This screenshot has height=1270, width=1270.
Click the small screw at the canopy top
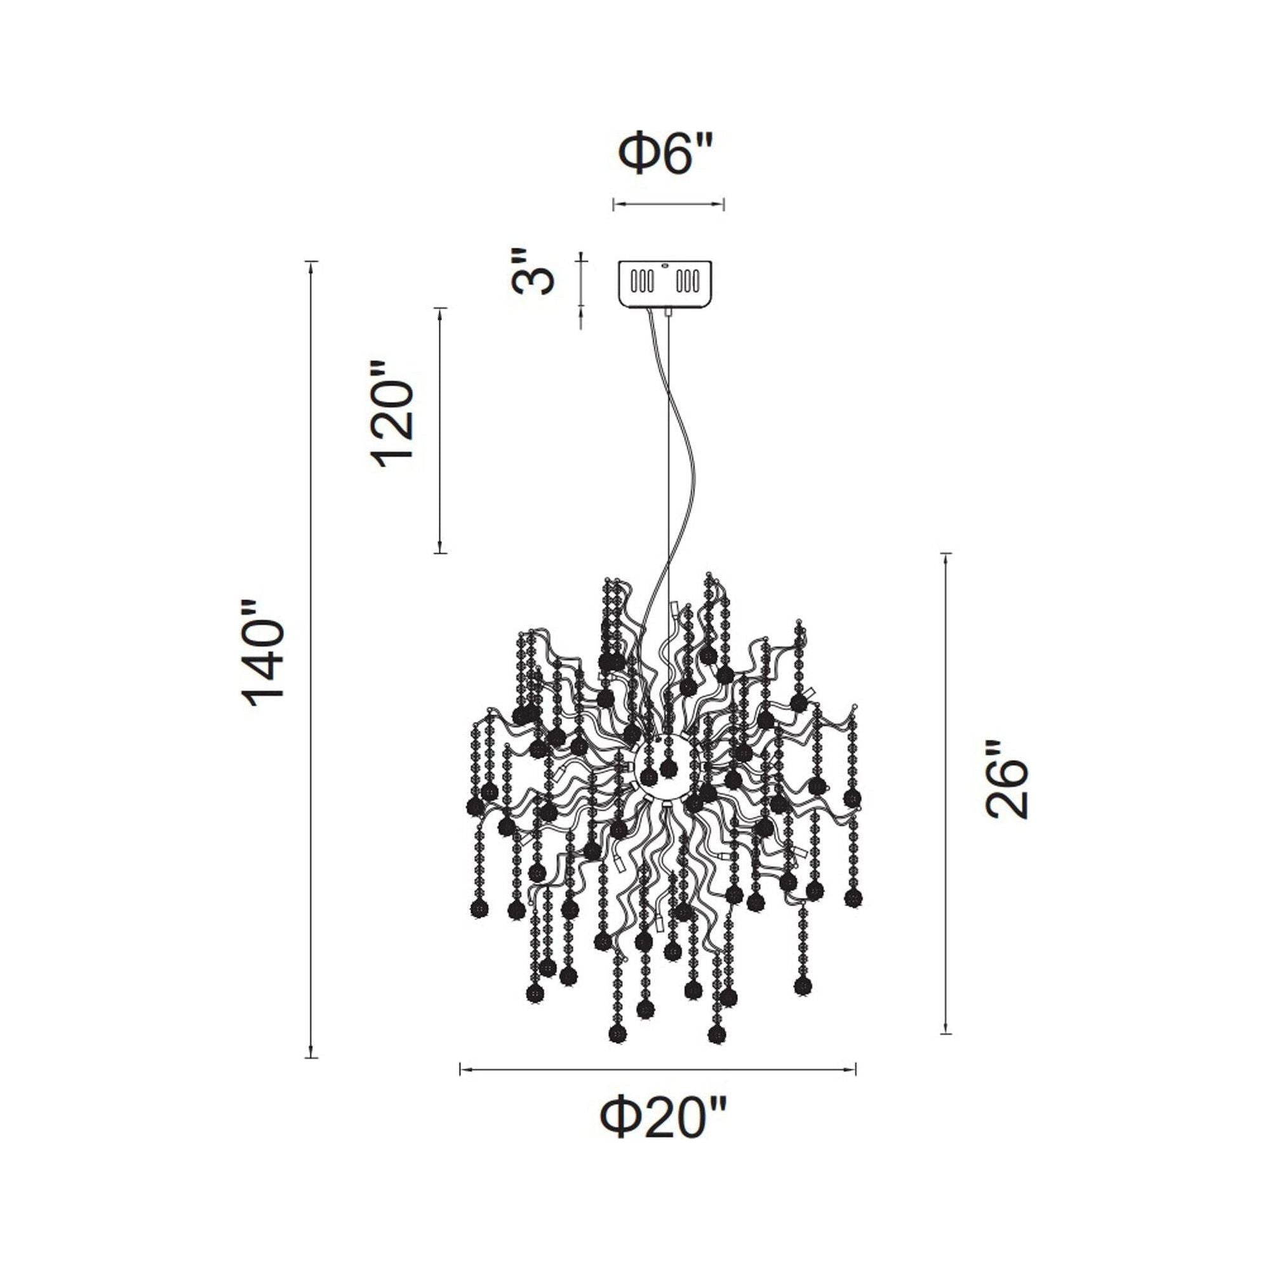pyautogui.click(x=665, y=265)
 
